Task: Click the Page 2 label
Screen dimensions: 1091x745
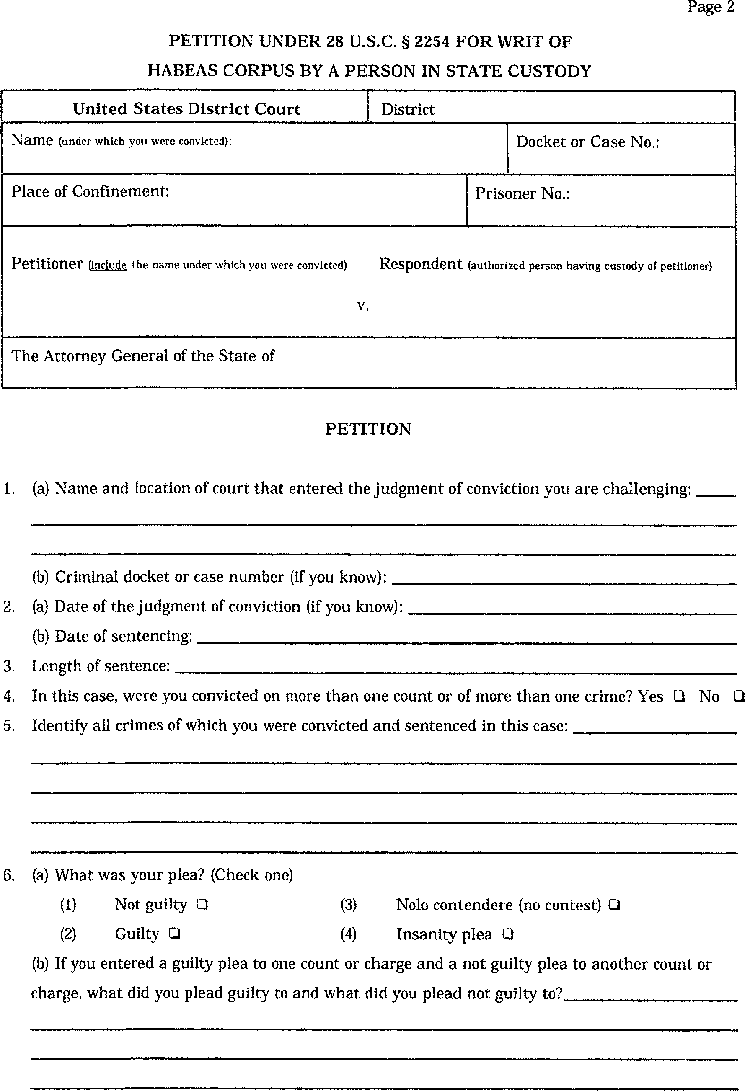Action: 711,7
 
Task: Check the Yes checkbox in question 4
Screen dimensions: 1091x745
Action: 678,696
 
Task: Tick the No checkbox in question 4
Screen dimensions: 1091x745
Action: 738,696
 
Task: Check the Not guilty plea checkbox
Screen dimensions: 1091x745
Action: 202,904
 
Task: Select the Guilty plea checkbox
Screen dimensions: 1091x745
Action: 175,934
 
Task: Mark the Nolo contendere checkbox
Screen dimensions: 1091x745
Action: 614,905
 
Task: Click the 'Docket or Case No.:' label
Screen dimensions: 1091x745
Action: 587,142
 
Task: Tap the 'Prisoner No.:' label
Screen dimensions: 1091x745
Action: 523,193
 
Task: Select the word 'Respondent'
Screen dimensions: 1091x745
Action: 420,264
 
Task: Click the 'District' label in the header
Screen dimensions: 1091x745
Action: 408,109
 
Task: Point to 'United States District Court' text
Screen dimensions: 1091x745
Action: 186,109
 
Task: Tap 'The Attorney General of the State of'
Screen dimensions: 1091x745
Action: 143,356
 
